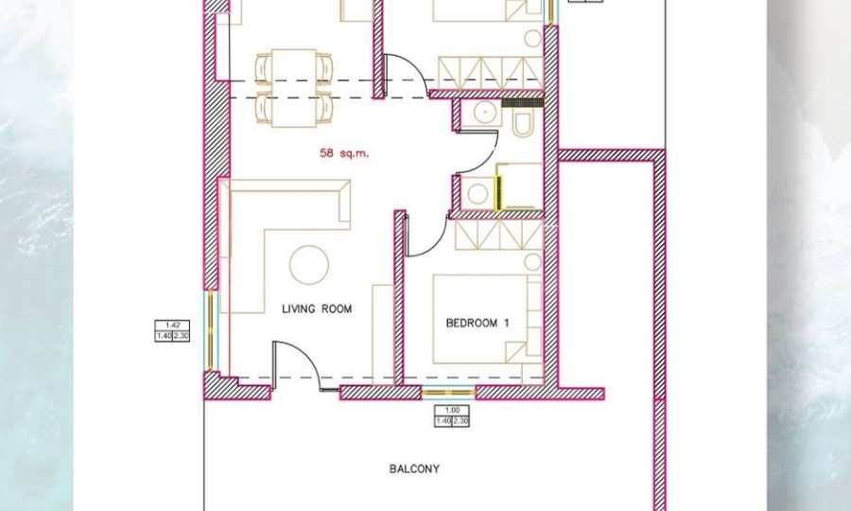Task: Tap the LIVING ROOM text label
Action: click(x=317, y=308)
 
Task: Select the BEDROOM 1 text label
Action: click(x=478, y=323)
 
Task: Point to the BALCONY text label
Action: click(x=414, y=468)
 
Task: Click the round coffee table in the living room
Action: click(x=308, y=265)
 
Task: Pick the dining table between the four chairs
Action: click(x=294, y=87)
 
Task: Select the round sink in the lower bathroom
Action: click(x=478, y=194)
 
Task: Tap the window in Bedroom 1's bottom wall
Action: click(x=446, y=391)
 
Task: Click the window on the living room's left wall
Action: click(x=211, y=326)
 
